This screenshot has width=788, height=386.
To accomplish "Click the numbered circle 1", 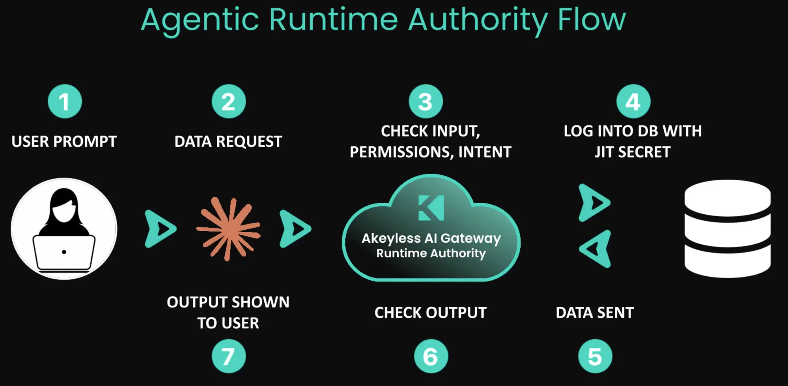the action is tap(65, 101).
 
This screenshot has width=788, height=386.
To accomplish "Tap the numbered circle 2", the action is tap(229, 101).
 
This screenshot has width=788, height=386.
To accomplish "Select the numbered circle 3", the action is tap(426, 101).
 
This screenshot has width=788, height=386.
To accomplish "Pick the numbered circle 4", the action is tap(633, 101).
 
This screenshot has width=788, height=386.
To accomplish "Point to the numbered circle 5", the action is tap(595, 356).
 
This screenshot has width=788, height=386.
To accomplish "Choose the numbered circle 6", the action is tap(431, 356).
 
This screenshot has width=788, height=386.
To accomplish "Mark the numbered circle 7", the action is tap(229, 356).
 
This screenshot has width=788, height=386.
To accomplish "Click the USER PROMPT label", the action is tap(64, 141).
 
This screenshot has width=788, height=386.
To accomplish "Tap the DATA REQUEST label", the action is tap(228, 141).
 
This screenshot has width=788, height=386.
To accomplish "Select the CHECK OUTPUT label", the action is tap(431, 313).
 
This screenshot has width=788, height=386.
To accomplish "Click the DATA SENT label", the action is tap(595, 313).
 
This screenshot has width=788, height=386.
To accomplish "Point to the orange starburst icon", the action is tap(228, 229).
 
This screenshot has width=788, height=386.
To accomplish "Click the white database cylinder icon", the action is tap(728, 229).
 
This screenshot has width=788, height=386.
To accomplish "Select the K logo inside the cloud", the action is tap(431, 208).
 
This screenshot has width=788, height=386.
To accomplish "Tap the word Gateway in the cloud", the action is tap(471, 238).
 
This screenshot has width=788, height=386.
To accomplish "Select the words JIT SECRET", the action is tap(633, 152).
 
